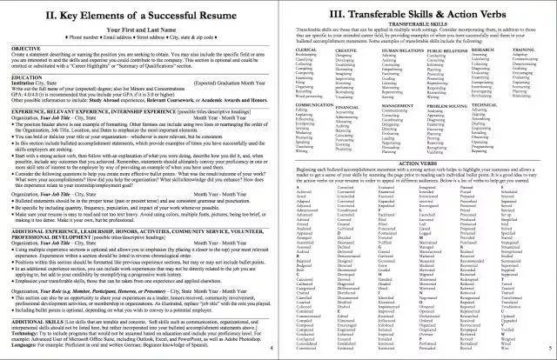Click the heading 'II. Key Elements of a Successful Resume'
(139, 18)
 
